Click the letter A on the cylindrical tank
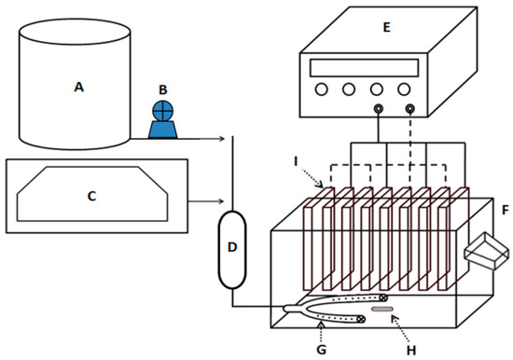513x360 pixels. pyautogui.click(x=79, y=87)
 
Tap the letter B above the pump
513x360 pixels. pyautogui.click(x=163, y=90)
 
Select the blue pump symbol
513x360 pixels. pyautogui.click(x=162, y=119)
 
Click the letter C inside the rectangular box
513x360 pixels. pyautogui.click(x=92, y=196)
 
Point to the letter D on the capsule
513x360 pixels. pyautogui.click(x=232, y=247)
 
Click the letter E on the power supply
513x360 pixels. pyautogui.click(x=387, y=27)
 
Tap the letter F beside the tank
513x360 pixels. pyautogui.click(x=506, y=210)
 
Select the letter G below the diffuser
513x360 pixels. pyautogui.click(x=322, y=350)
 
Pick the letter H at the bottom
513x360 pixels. pyautogui.click(x=411, y=351)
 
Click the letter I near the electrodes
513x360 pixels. pyautogui.click(x=296, y=161)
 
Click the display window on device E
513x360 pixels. pyautogui.click(x=364, y=68)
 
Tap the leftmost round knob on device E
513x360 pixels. pyautogui.click(x=321, y=89)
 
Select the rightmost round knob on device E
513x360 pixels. pyautogui.click(x=404, y=89)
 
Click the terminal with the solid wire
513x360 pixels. pyautogui.click(x=379, y=108)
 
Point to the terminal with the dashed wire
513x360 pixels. pyautogui.click(x=410, y=108)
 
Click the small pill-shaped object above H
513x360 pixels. pyautogui.click(x=382, y=309)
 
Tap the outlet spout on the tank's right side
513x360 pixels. pyautogui.click(x=487, y=251)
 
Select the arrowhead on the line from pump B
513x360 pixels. pyautogui.click(x=222, y=139)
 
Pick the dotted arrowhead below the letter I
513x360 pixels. pyautogui.click(x=321, y=186)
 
